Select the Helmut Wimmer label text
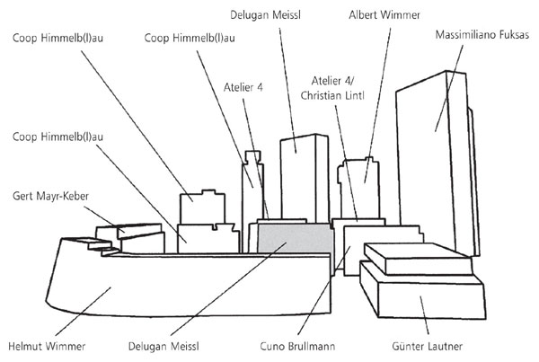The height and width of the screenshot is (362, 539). pyautogui.click(x=48, y=344)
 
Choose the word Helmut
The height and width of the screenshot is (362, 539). pyautogui.click(x=28, y=344)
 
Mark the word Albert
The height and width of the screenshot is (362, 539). pyautogui.click(x=367, y=15)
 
